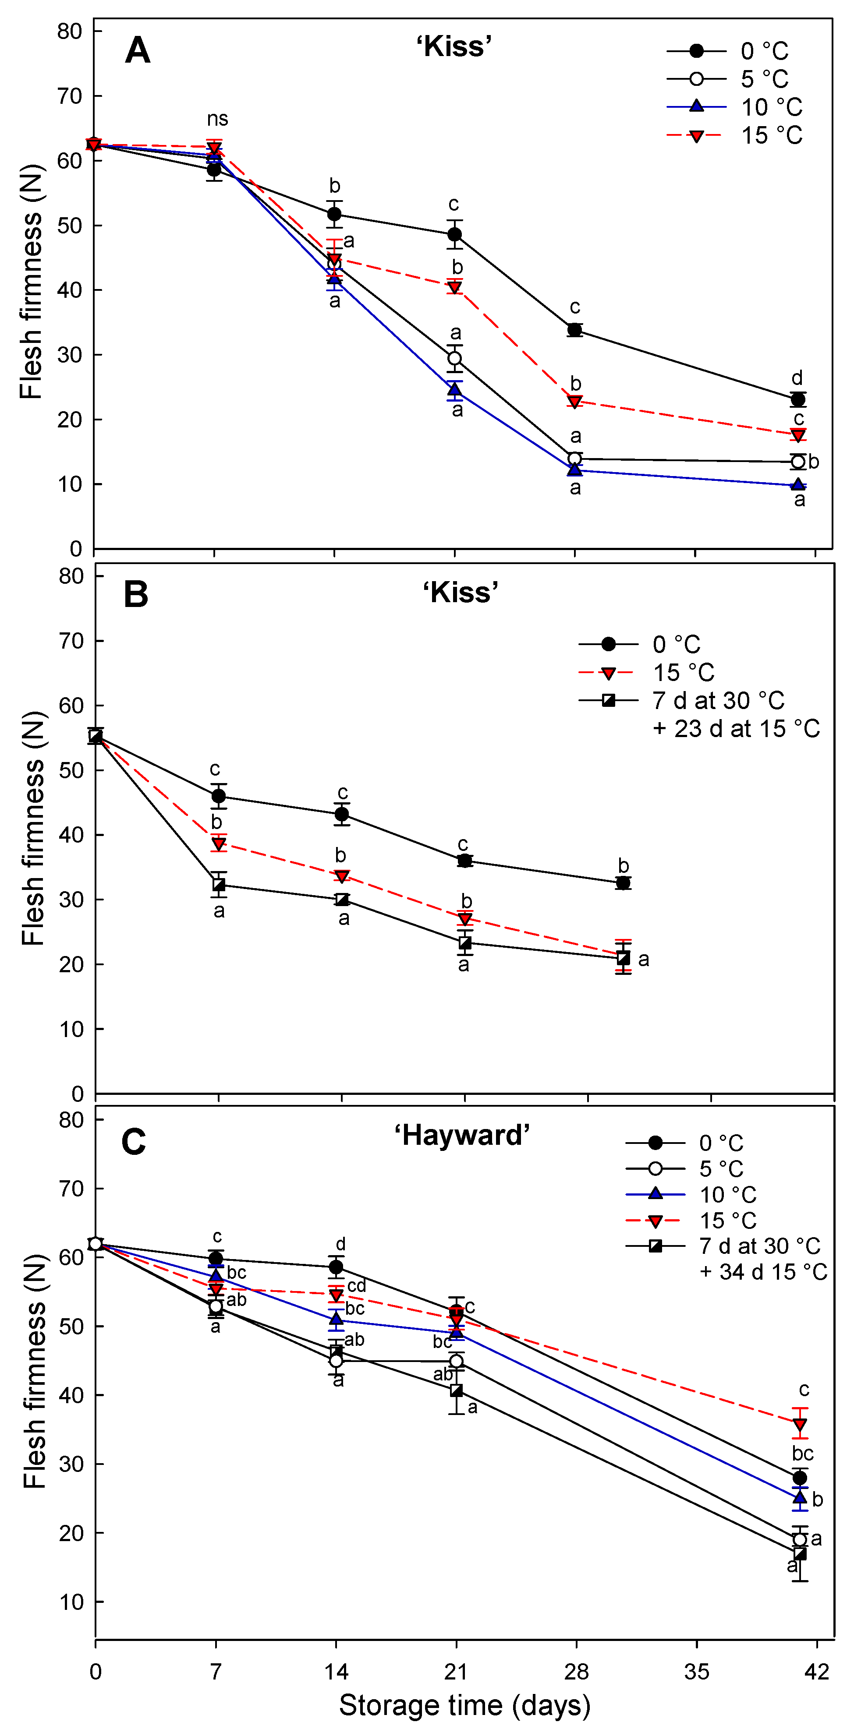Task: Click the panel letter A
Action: point(138,50)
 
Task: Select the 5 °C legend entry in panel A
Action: point(764,79)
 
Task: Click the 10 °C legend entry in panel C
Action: point(727,1195)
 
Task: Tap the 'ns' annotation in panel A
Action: point(217,119)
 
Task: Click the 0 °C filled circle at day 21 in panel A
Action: point(455,235)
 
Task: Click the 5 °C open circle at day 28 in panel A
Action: point(574,459)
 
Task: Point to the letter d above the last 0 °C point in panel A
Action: point(797,378)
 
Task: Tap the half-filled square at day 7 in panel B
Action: point(218,885)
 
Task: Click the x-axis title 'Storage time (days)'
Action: point(464,1706)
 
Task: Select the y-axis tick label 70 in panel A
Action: point(69,96)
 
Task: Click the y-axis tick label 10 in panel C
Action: point(71,1602)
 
